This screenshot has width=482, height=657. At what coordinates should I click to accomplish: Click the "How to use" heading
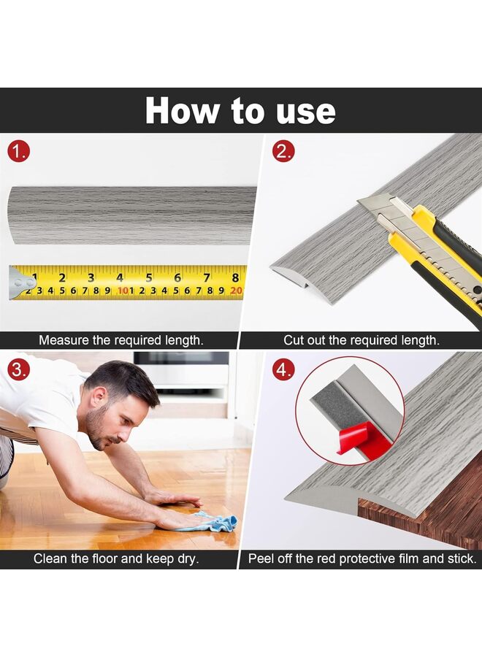[x=240, y=110]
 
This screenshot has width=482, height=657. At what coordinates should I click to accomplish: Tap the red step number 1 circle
[x=19, y=152]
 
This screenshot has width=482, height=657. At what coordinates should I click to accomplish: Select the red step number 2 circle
[x=283, y=152]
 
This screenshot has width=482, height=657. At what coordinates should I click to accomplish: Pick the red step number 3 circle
[x=19, y=369]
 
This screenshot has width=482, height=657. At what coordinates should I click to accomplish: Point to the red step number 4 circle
[x=283, y=369]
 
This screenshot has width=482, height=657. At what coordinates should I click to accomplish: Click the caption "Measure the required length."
[x=120, y=340]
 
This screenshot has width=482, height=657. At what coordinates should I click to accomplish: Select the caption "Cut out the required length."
[x=361, y=340]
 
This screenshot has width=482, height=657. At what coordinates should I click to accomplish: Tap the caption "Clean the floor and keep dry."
[x=117, y=559]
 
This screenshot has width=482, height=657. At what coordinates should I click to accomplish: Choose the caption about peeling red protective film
[x=362, y=559]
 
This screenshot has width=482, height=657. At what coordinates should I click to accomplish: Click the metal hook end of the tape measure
[x=20, y=283]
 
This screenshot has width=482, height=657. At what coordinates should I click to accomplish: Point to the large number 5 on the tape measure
[x=149, y=277]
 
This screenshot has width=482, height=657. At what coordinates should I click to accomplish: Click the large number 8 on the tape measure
[x=235, y=277]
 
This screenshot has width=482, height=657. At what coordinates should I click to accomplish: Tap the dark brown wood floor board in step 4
[x=431, y=522]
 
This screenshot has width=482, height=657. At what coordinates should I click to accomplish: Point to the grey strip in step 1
[x=131, y=215]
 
